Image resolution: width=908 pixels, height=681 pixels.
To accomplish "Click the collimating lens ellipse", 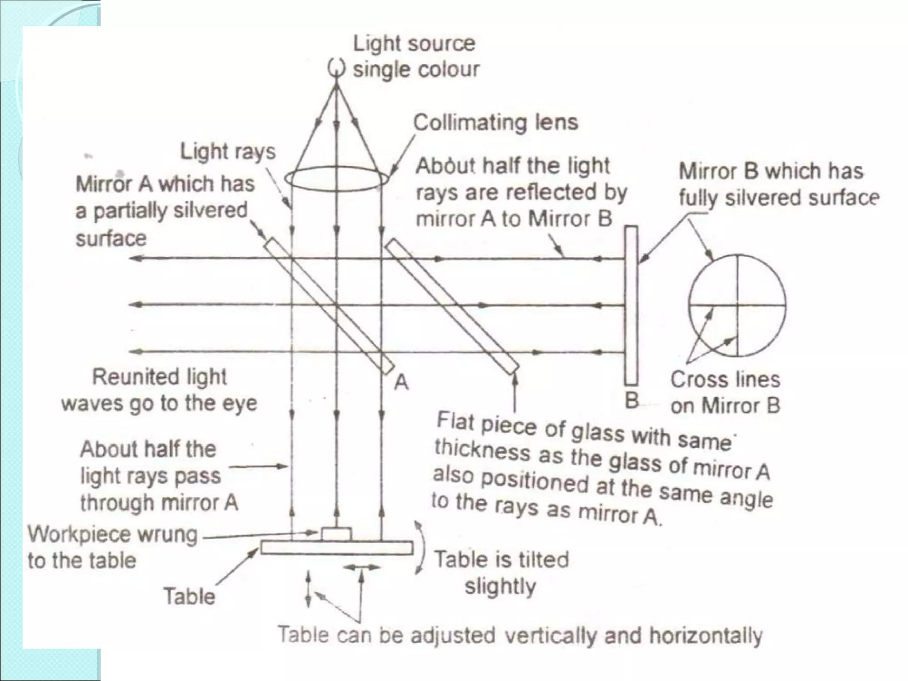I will coord(337,179).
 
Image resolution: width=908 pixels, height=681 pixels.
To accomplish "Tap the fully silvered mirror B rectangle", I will coord(631,305).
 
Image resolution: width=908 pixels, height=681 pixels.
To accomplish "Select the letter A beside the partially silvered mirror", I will coord(401,382).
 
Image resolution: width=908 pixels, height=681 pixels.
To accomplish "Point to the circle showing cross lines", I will coord(737,305).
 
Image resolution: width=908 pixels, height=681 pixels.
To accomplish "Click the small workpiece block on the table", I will coord(337,534).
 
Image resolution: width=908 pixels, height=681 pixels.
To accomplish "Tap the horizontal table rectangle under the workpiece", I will coord(337,548).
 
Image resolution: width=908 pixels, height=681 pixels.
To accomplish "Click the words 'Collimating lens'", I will coord(495,122).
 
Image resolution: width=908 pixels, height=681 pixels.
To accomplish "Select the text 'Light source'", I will coord(414,43).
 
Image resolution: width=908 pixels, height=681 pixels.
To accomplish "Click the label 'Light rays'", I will coord(227,152).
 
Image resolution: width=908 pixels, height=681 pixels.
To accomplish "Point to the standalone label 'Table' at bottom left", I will coord(189,596).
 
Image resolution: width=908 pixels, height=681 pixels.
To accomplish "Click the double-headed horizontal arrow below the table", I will coord(362,567).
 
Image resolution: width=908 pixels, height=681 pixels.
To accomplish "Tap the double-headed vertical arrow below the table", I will coord(309,589).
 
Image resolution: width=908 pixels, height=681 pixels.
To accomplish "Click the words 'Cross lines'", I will coord(725,380).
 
